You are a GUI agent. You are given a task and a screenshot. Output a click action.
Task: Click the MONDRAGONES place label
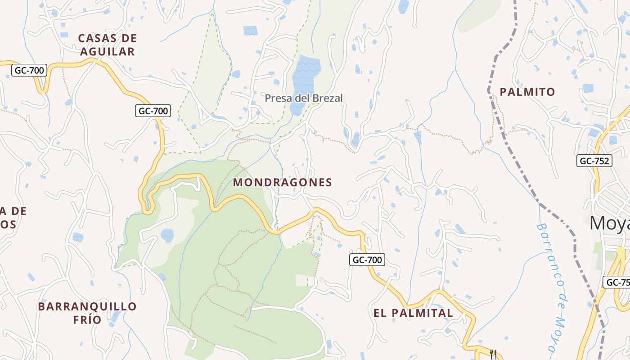[x=283, y=182]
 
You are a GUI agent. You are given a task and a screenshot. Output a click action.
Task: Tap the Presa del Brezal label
[x=303, y=98]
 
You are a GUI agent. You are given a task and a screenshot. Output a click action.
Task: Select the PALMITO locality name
[x=527, y=92]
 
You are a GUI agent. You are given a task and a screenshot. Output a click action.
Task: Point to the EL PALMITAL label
[x=413, y=313]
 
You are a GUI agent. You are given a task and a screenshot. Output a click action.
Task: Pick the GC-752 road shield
[x=594, y=161]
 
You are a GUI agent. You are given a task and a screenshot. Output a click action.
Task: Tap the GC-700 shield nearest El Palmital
[x=367, y=260]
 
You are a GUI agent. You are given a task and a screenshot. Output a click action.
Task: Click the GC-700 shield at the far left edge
[x=29, y=70]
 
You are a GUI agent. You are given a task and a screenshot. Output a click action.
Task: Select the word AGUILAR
[x=107, y=52]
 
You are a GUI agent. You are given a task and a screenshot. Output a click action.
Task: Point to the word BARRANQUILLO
[x=87, y=306]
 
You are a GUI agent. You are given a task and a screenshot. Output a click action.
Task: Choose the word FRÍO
[x=87, y=320]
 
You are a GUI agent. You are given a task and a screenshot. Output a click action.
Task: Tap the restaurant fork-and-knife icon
[x=493, y=354]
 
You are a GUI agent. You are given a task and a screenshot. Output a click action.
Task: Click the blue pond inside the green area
[x=167, y=235]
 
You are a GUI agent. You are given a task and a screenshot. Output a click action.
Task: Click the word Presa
[x=277, y=98]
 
